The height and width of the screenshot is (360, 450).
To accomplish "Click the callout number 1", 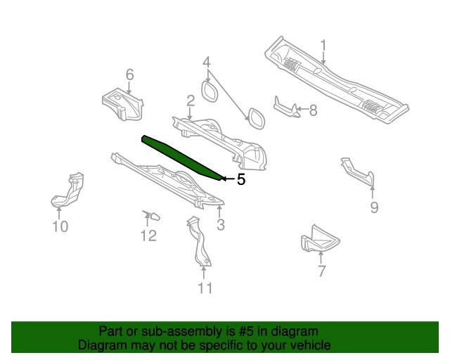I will pyautogui.click(x=323, y=46).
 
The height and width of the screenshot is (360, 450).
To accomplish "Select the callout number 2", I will pyautogui.click(x=191, y=101).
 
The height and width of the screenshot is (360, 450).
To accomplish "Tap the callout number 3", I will pyautogui.click(x=220, y=225).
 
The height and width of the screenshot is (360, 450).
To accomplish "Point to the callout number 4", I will pyautogui.click(x=207, y=63).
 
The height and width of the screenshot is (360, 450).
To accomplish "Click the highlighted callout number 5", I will pyautogui.click(x=241, y=180).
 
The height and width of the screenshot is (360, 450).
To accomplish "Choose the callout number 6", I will pyautogui.click(x=129, y=75).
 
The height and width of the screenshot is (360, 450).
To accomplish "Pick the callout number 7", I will pyautogui.click(x=321, y=271).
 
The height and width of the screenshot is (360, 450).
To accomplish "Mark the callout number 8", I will pyautogui.click(x=313, y=110).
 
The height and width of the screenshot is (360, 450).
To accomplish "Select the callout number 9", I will pyautogui.click(x=374, y=207).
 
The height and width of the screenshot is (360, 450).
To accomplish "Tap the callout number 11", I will pyautogui.click(x=204, y=287).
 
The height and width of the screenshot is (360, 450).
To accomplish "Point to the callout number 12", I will pyautogui.click(x=148, y=236).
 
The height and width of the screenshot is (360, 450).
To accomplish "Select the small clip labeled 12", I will pyautogui.click(x=151, y=214).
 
